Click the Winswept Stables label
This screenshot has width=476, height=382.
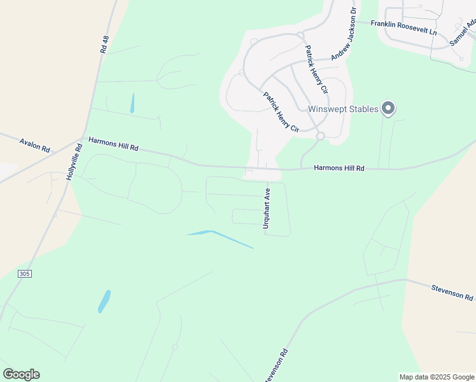point(343,109)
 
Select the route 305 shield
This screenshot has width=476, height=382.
point(25,274)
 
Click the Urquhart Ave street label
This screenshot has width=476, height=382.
point(267,208)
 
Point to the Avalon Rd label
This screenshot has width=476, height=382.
point(34,146)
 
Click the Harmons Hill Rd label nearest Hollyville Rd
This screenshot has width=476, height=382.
point(113,144)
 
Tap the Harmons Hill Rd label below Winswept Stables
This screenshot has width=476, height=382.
point(339,168)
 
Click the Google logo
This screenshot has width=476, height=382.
point(21,374)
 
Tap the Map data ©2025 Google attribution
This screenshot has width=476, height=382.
point(437,377)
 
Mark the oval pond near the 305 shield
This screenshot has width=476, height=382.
point(104,301)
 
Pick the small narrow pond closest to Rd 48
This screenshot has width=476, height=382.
point(132,103)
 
